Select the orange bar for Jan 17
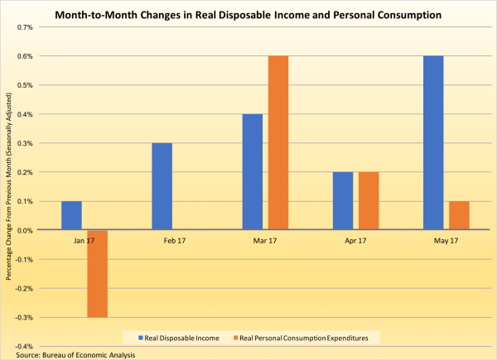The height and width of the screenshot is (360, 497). coord(97,273)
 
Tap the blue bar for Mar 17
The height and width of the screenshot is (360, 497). coord(252,171)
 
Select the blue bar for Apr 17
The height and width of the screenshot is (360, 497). coord(342,200)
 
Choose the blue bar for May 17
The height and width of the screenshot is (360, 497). coord(432,142)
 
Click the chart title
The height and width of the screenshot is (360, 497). coord(248,13)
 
